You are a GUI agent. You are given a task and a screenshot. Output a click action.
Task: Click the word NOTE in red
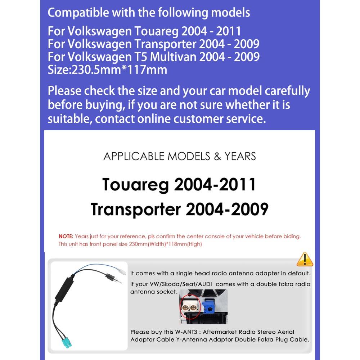click(66, 237)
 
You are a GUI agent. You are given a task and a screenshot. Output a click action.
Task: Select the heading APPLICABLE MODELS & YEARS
click(180, 156)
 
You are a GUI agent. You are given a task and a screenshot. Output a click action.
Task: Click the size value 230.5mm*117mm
click(120, 69)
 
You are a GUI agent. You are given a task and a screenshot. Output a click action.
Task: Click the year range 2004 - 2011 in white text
click(211, 31)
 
